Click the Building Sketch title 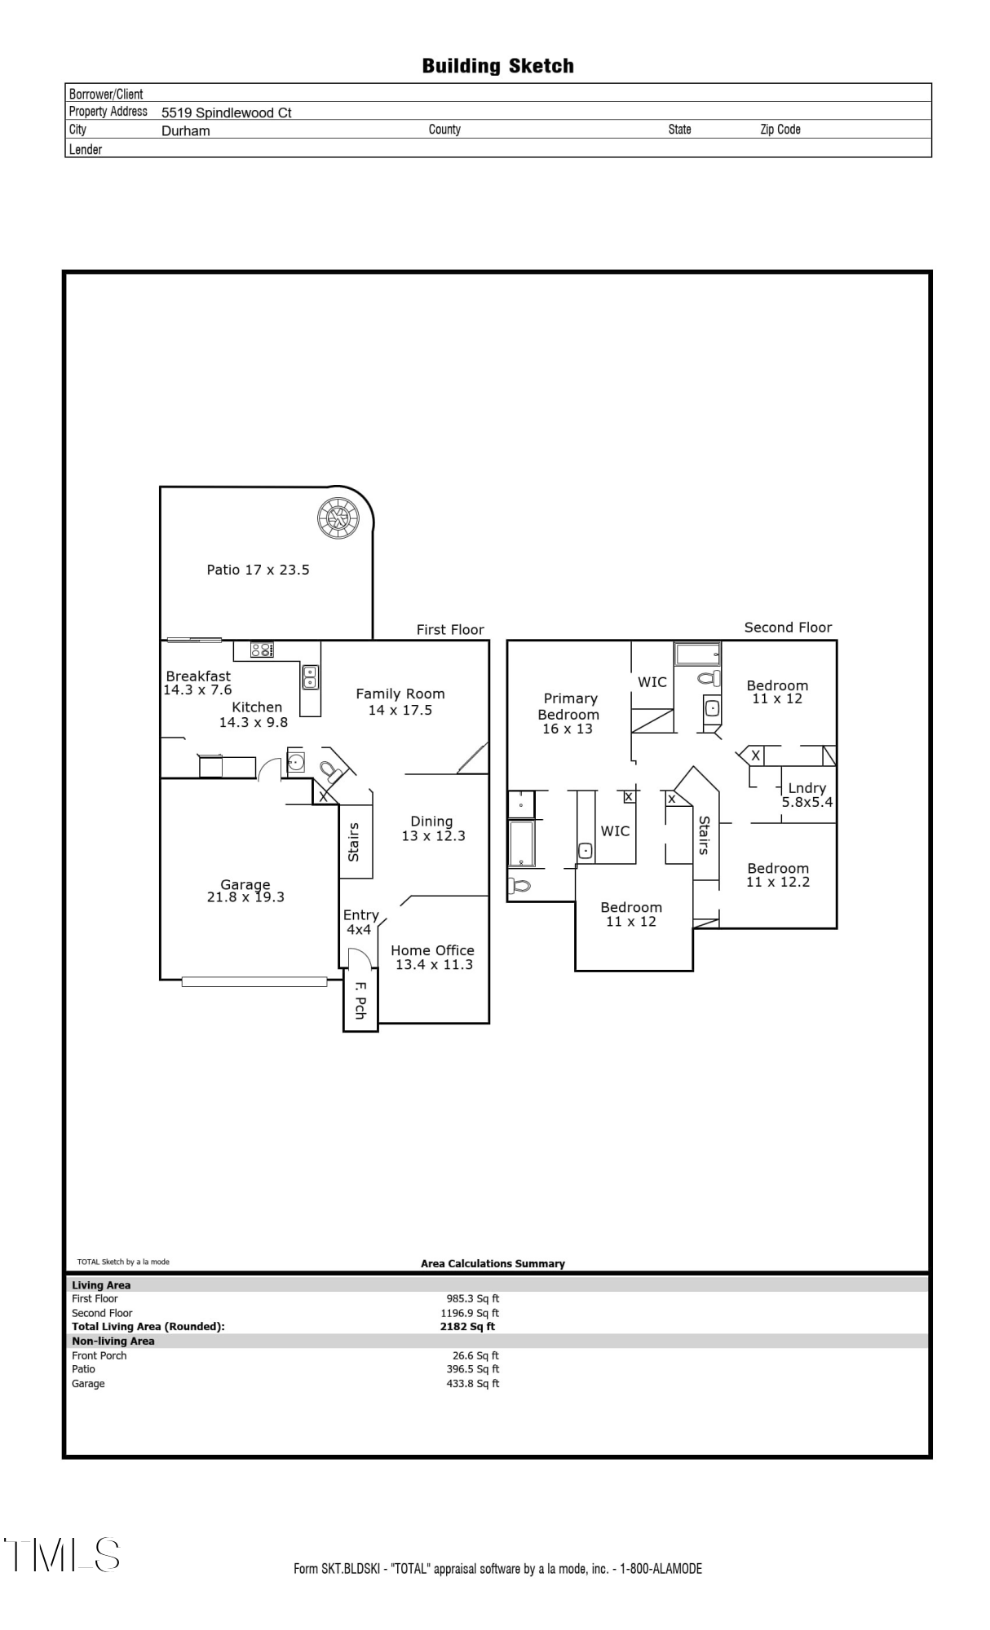497,66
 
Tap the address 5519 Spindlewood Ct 226,112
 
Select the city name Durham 185,130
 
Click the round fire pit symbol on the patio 338,518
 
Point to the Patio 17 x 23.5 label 258,570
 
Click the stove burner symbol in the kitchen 262,650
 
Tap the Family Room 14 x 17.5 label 400,702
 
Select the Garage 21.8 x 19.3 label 245,891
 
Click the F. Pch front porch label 360,1000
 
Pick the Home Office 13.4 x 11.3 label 432,957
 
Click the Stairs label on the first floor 354,842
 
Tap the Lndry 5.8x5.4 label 807,795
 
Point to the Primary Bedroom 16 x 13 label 569,713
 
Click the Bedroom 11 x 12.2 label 778,874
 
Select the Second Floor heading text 788,628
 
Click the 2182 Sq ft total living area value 467,1326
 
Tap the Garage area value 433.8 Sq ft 472,1383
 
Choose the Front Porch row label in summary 99,1355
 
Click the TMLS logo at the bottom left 62,1555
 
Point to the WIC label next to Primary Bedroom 652,682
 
